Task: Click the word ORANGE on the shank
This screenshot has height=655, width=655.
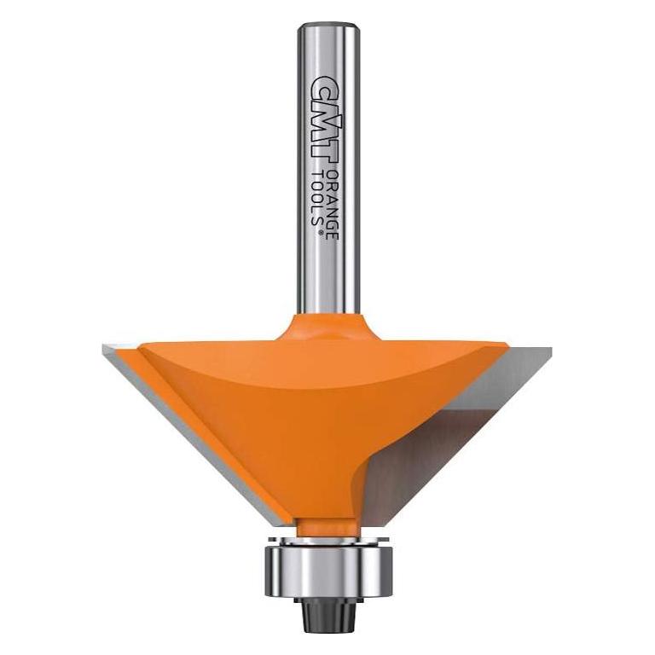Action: pyautogui.click(x=333, y=205)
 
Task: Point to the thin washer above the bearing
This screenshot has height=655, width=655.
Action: pyautogui.click(x=328, y=540)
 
